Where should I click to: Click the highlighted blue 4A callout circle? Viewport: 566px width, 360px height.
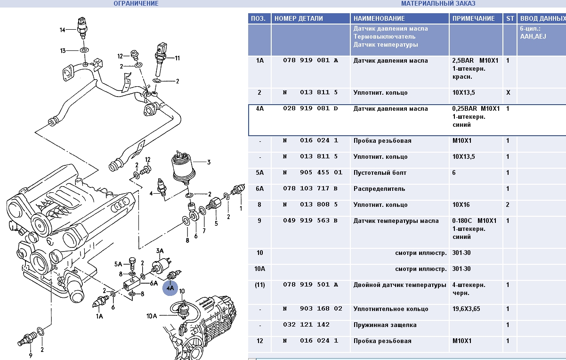(170, 287)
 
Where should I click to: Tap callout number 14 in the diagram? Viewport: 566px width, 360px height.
(62, 30)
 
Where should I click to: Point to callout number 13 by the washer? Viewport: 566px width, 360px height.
(63, 50)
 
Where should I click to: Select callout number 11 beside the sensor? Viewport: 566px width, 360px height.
(178, 58)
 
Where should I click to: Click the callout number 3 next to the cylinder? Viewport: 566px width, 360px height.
(209, 163)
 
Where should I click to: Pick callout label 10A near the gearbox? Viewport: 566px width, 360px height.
(152, 316)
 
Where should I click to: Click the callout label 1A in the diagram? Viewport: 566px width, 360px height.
(99, 316)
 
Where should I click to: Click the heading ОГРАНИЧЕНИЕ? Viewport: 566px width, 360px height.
(136, 3)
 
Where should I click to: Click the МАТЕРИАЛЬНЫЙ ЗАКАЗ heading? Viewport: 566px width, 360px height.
(438, 3)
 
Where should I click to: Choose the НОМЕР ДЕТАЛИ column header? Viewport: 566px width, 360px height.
(299, 18)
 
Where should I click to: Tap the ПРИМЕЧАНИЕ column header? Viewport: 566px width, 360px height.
(473, 18)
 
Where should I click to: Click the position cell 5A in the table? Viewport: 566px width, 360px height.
(260, 173)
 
